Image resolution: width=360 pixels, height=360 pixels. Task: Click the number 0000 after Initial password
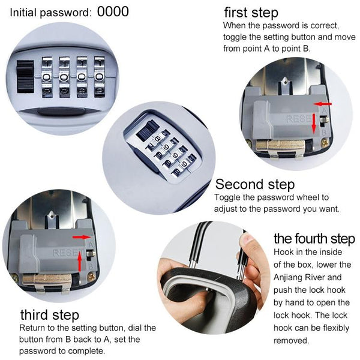(113, 11)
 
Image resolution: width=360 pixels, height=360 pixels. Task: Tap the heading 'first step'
(251, 13)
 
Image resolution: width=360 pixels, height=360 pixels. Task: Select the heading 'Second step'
(255, 184)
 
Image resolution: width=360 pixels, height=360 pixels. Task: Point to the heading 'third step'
(50, 315)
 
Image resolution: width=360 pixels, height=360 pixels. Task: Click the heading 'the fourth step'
(314, 239)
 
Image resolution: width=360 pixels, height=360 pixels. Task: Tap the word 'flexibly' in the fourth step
(336, 328)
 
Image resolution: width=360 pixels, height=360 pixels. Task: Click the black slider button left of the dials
(25, 77)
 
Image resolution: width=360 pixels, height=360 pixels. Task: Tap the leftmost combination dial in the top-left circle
(47, 77)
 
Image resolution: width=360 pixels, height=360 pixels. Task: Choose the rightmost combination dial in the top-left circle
(100, 77)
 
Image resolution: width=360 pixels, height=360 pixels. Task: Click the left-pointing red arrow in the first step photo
(323, 104)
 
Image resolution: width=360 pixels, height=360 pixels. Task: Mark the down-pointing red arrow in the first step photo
(314, 124)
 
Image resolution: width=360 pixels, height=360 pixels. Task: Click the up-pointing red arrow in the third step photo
(80, 261)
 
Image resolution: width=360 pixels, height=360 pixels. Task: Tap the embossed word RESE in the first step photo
(298, 119)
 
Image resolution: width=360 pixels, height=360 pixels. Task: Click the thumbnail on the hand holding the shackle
(248, 239)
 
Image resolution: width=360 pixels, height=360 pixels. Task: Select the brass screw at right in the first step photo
(325, 142)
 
